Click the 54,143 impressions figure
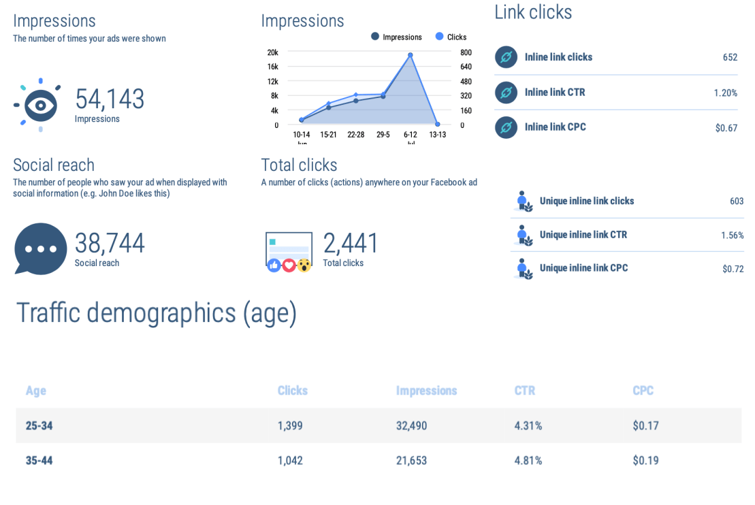click(x=110, y=99)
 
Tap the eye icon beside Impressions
click(x=40, y=105)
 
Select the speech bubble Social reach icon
click(x=41, y=248)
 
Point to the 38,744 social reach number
click(x=110, y=244)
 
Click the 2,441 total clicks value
click(x=351, y=244)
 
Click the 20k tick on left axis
click(x=272, y=52)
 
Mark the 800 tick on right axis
click(x=466, y=52)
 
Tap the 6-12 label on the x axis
click(x=410, y=135)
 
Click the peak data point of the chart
click(x=410, y=55)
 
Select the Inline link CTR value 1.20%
click(x=725, y=93)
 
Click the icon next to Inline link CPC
click(x=506, y=127)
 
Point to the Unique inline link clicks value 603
click(x=737, y=201)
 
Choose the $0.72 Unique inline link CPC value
click(x=733, y=269)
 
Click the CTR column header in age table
click(x=524, y=391)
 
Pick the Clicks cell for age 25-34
click(x=290, y=426)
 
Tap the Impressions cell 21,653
click(x=411, y=461)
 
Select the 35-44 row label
click(x=39, y=461)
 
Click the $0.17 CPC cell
click(x=645, y=426)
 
